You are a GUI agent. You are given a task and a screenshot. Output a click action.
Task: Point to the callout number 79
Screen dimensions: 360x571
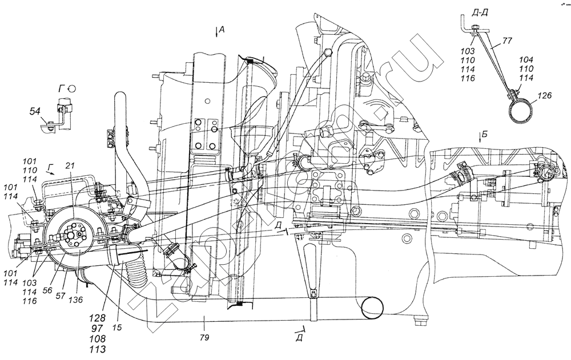click(205, 338)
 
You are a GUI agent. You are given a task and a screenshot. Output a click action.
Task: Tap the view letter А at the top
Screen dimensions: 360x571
click(224, 31)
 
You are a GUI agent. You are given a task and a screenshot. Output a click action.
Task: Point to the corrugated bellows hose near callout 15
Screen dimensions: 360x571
click(136, 274)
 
